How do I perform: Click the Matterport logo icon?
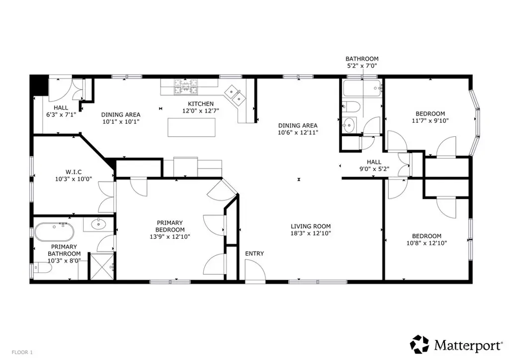[420, 345]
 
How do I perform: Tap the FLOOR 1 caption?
[22, 352]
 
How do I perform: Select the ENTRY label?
[254, 254]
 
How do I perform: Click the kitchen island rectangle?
[191, 127]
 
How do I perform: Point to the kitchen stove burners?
[186, 87]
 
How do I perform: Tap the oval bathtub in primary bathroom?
[54, 232]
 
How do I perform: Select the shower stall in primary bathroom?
[102, 267]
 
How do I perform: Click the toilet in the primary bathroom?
[43, 268]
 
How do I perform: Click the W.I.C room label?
[74, 172]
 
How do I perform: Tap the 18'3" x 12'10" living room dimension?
[311, 233]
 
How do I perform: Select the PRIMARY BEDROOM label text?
[170, 226]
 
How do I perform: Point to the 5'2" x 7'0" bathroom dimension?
[362, 66]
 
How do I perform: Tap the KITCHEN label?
[201, 104]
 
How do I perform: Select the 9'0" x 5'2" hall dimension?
[374, 169]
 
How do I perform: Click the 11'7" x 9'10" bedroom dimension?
[430, 121]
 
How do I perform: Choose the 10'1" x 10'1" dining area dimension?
[121, 122]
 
